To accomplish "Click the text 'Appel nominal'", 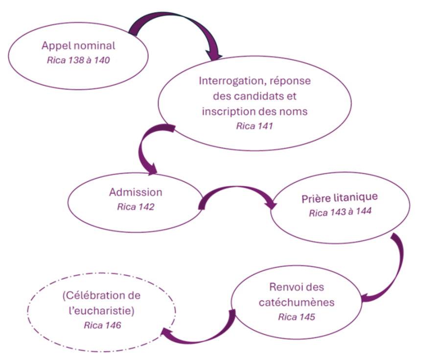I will point(78,46).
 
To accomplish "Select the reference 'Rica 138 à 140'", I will point(78,60).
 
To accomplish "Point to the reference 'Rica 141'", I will point(254,126).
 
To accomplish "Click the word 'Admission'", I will point(136,192).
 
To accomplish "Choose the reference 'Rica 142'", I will point(136,207).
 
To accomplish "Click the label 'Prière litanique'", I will point(340,198).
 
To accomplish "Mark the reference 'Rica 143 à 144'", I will point(340,213).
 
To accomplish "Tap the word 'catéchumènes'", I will point(297,302).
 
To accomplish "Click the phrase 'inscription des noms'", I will point(254,111).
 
